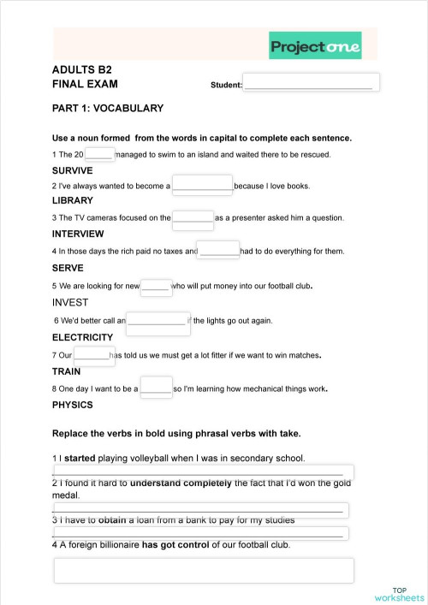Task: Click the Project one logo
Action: pyautogui.click(x=315, y=46)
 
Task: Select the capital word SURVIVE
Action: pyautogui.click(x=72, y=170)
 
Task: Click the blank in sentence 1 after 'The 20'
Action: pyautogui.click(x=99, y=154)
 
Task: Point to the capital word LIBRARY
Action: pyautogui.click(x=73, y=201)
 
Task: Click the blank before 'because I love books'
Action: pyautogui.click(x=202, y=185)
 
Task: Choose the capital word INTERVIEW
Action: pyautogui.click(x=78, y=234)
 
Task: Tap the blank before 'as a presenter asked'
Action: pyautogui.click(x=193, y=217)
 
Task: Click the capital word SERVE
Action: pyautogui.click(x=68, y=268)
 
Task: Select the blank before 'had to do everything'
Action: pyautogui.click(x=218, y=250)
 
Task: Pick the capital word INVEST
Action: pyautogui.click(x=70, y=302)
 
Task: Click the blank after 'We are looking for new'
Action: pyautogui.click(x=156, y=286)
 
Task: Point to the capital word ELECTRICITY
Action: pyautogui.click(x=82, y=337)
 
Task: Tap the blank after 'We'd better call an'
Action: pyautogui.click(x=156, y=320)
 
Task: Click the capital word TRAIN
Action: pyautogui.click(x=66, y=371)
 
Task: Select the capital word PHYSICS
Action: pyautogui.click(x=72, y=405)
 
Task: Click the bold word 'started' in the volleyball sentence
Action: pyautogui.click(x=80, y=458)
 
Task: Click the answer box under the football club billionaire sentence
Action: pyautogui.click(x=204, y=570)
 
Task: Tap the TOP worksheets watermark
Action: pyautogui.click(x=400, y=594)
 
